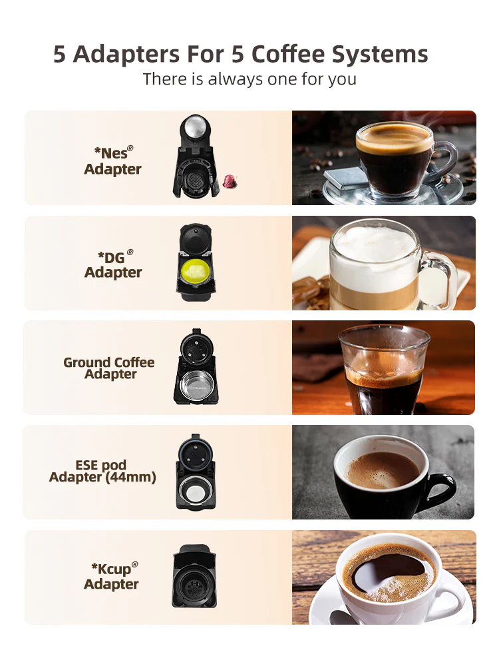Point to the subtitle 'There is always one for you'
click(x=249, y=79)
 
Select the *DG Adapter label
click(x=112, y=264)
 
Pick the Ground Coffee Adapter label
click(x=109, y=368)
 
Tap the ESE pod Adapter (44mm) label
click(x=102, y=472)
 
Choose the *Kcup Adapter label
click(x=112, y=576)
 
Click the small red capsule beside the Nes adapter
click(x=230, y=180)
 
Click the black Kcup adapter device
click(x=194, y=577)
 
